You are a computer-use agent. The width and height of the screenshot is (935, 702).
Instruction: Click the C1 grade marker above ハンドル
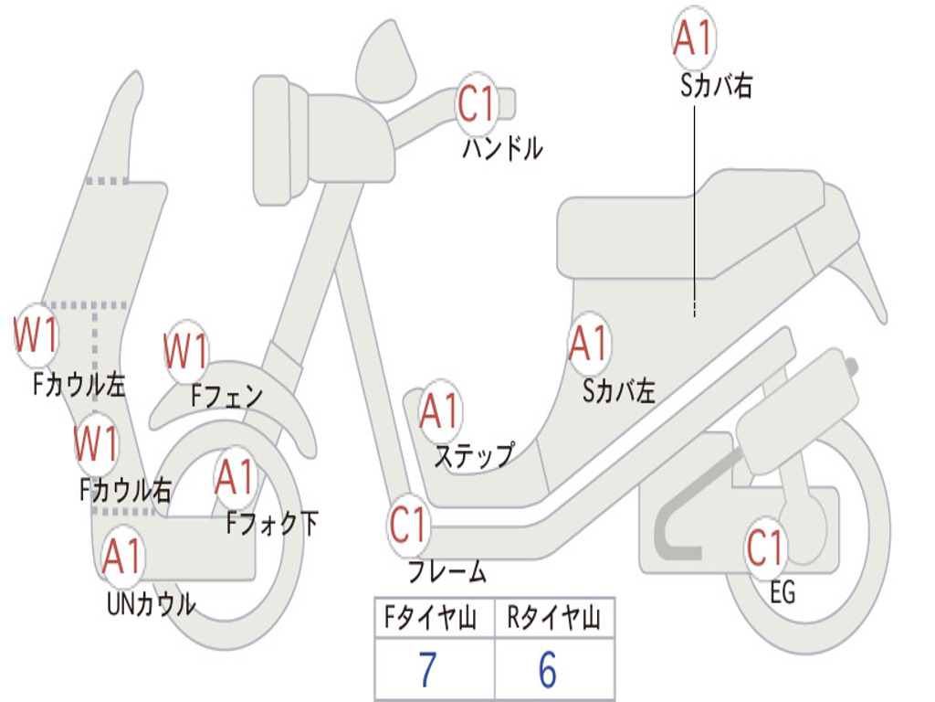(x=476, y=103)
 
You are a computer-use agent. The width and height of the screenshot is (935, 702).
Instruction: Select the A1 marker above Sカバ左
(x=588, y=344)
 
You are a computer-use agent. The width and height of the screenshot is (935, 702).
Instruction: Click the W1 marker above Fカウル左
(x=37, y=335)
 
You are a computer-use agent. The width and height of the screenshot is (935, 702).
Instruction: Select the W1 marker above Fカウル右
(x=96, y=443)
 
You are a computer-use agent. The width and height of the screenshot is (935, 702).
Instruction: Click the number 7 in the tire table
(x=427, y=671)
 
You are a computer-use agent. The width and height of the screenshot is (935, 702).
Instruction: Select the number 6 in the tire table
(x=548, y=671)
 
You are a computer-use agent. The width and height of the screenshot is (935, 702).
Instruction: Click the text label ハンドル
(x=502, y=148)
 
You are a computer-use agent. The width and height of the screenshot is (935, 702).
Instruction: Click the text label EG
(x=783, y=593)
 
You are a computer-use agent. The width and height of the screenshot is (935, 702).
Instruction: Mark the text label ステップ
(x=473, y=455)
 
